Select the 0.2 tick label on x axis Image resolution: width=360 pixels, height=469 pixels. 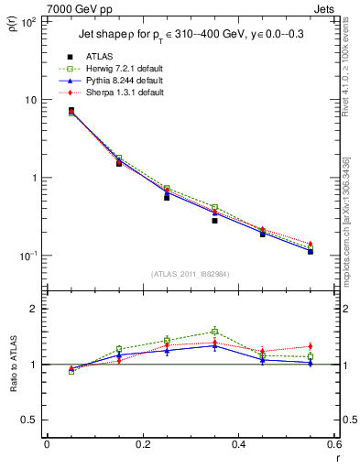tap(143, 444)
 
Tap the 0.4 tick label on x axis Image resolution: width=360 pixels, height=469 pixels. tap(238, 444)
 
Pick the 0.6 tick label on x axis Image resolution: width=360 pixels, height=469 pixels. tap(333, 444)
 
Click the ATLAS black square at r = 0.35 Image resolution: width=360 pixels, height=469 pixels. tap(214, 221)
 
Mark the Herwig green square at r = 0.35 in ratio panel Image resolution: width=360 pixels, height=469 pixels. tap(214, 332)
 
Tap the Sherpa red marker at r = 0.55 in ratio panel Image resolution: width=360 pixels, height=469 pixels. tap(311, 346)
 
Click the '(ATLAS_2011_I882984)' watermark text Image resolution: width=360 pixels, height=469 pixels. tap(190, 274)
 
